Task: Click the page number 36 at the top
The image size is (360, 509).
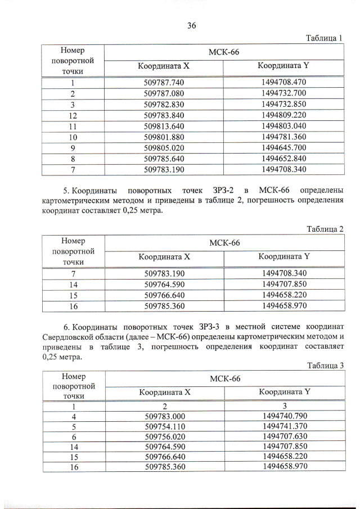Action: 191,25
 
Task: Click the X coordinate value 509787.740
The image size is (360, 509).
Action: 164,82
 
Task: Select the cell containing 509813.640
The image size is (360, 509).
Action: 164,126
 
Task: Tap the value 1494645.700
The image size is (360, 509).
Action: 283,147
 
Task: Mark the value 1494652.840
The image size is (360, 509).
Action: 283,158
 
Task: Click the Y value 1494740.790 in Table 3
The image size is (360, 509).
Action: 285,416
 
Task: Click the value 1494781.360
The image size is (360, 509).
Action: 283,137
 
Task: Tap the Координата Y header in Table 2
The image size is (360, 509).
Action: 284,257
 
